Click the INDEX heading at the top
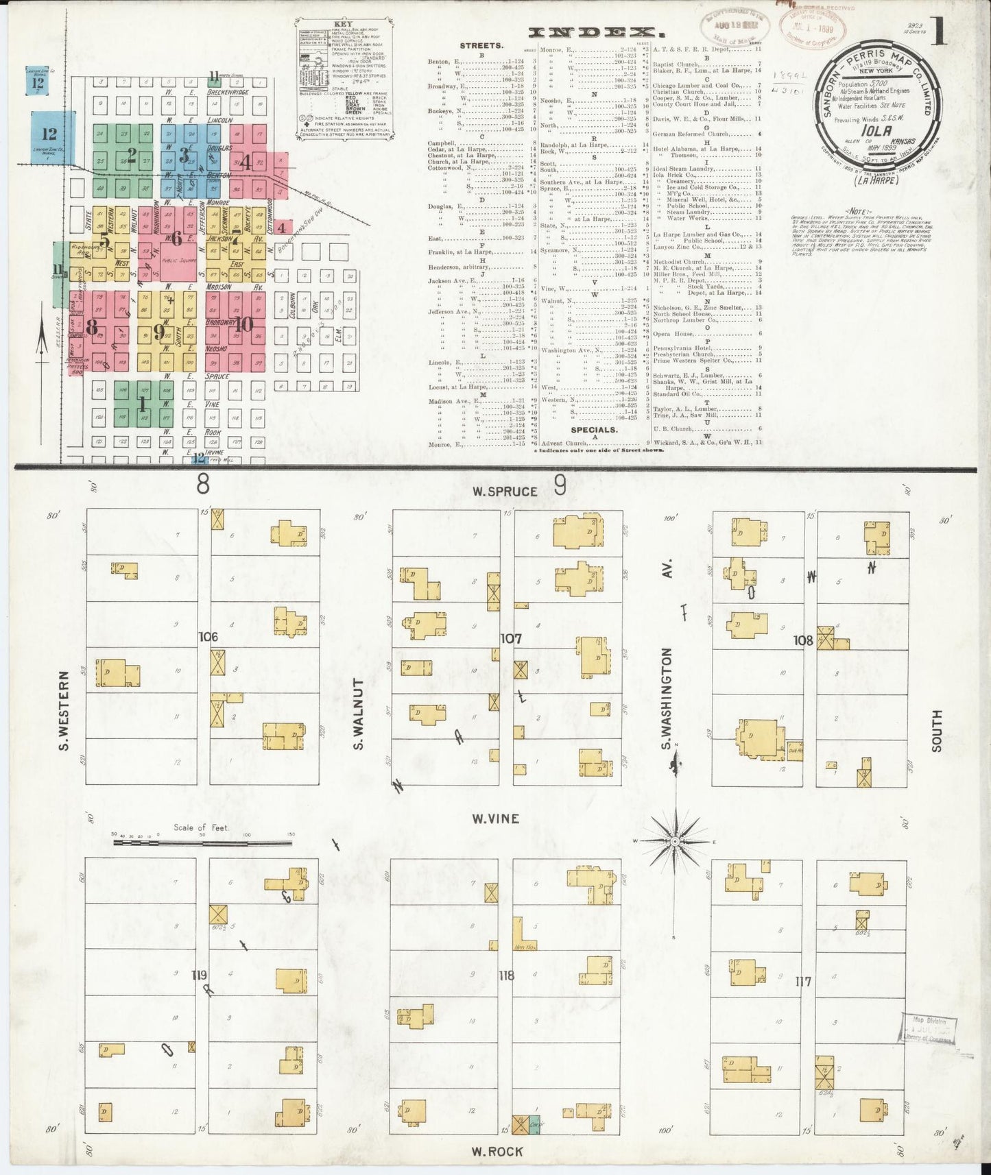[x=597, y=32]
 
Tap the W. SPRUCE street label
[x=504, y=492]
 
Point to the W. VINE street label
[x=495, y=819]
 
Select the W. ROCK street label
[x=497, y=1151]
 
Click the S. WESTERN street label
[x=65, y=710]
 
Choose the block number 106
[x=208, y=637]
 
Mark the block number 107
[x=511, y=639]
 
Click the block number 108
[x=803, y=640]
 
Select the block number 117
[x=803, y=982]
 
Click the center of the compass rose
[x=676, y=840]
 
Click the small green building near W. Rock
[x=534, y=1125]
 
